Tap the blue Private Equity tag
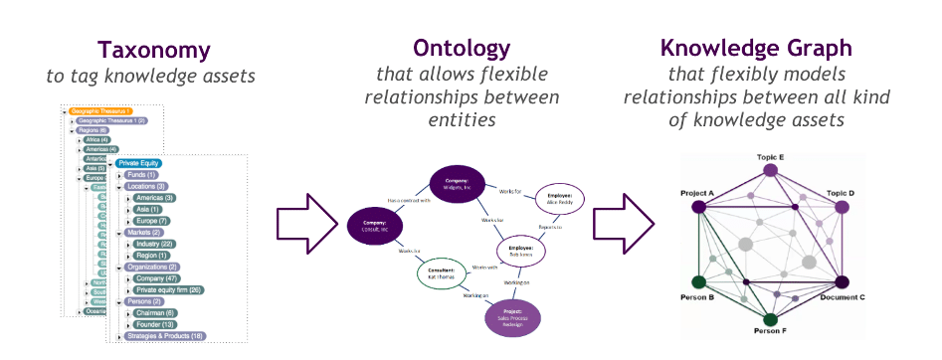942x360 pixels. point(138,163)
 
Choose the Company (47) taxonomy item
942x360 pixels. point(158,278)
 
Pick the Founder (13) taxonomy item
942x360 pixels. point(156,324)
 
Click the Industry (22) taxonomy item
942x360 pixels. point(156,243)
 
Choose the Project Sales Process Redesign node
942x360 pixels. point(514,319)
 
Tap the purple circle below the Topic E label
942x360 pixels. point(769,172)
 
